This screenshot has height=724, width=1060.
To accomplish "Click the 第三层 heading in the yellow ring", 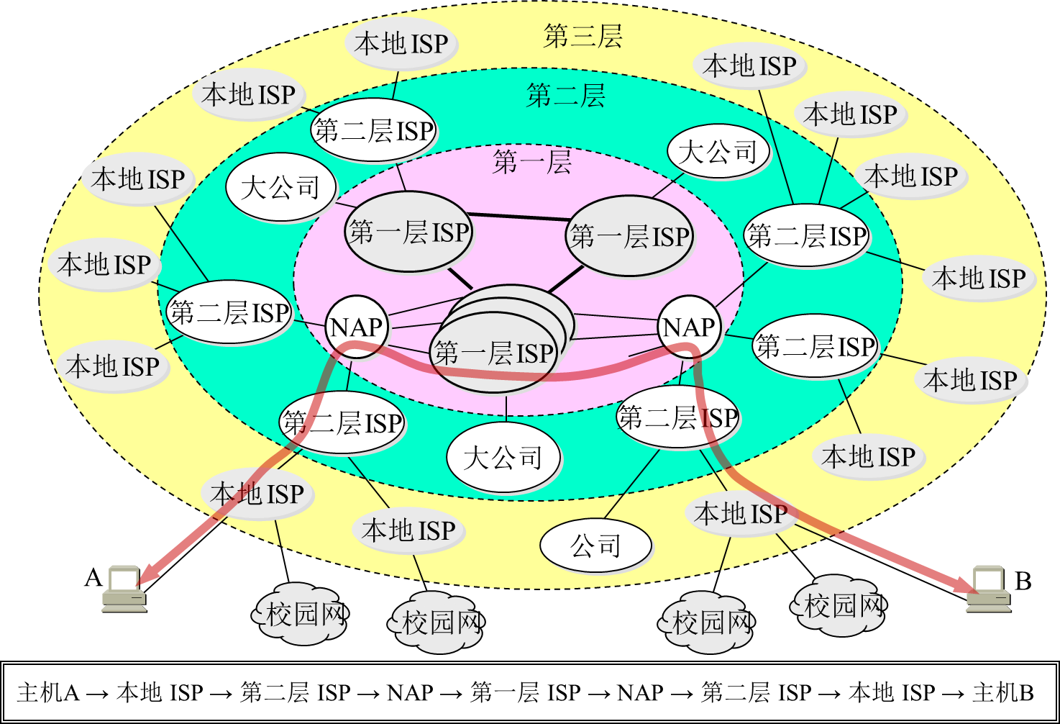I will tap(582, 36).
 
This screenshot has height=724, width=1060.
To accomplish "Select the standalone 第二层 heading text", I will tap(566, 95).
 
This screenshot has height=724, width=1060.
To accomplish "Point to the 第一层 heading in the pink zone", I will tap(532, 162).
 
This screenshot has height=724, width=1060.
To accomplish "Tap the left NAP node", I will tap(357, 327).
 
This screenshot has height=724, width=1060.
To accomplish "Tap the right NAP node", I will tap(689, 327).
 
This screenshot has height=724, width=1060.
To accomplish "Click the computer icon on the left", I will tap(124, 589).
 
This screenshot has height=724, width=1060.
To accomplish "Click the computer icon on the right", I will tap(988, 589).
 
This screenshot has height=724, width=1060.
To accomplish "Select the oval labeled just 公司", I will tap(595, 546).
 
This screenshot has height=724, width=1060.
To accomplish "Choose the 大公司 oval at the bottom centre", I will tap(503, 458).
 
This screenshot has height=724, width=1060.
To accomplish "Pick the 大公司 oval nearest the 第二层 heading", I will tap(718, 152).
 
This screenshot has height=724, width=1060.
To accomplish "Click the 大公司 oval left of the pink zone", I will tap(280, 188).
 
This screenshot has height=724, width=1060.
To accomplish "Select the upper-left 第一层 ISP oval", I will tap(408, 232).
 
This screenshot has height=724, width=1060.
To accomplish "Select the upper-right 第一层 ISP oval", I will tap(629, 236).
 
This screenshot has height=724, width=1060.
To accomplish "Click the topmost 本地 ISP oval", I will tap(401, 44).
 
